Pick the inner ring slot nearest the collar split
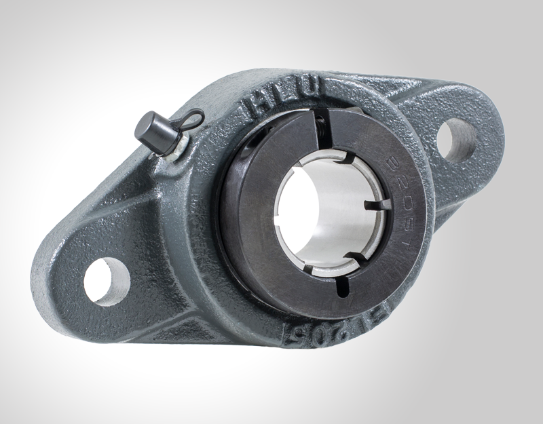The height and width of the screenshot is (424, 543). [x=345, y=160]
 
